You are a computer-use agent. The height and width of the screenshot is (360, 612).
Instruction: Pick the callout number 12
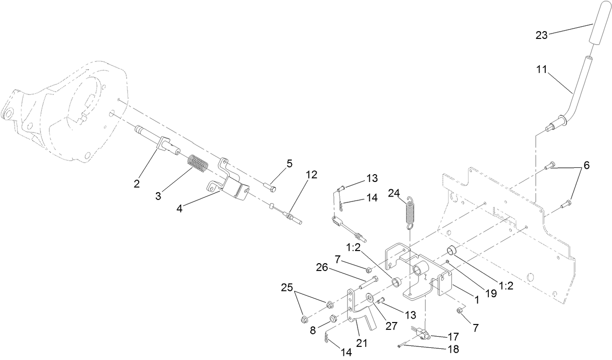(x=311, y=174)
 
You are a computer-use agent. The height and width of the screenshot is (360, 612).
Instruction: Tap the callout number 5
(x=289, y=163)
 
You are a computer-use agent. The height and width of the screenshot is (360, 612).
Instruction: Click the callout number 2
(x=137, y=183)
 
